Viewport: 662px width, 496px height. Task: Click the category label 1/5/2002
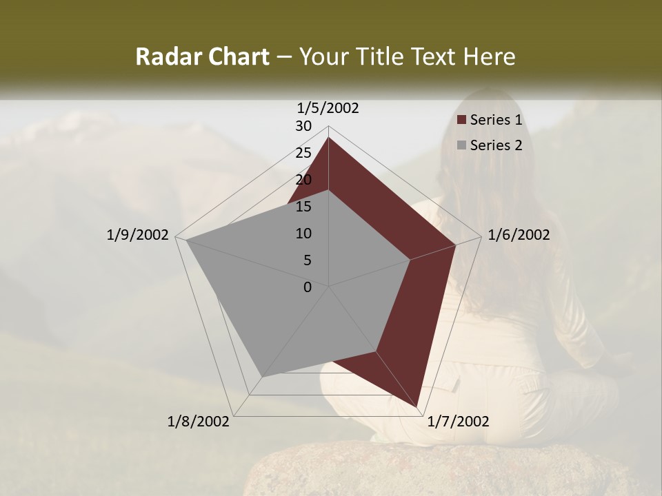[328, 107]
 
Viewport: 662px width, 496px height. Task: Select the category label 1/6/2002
[519, 235]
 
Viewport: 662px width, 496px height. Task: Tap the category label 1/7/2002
[458, 422]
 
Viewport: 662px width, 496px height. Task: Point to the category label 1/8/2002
[199, 422]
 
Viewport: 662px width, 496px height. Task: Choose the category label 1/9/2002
[138, 235]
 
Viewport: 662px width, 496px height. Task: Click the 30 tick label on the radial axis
[303, 126]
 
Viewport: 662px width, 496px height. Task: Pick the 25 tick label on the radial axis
[303, 153]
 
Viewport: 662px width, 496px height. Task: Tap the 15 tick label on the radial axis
[303, 207]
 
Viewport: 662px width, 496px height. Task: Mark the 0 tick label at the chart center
[308, 287]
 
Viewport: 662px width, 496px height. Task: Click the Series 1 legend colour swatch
[462, 121]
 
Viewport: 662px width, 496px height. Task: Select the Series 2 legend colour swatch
[462, 145]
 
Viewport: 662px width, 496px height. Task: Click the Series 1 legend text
[496, 121]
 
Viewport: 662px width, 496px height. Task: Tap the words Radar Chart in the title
[202, 56]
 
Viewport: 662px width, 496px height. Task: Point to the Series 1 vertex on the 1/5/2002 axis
[328, 138]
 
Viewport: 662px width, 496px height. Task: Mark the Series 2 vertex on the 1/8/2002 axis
[262, 377]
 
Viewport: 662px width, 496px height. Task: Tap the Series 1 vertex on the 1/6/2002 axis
[455, 245]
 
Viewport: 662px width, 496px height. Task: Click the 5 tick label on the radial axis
[308, 260]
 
